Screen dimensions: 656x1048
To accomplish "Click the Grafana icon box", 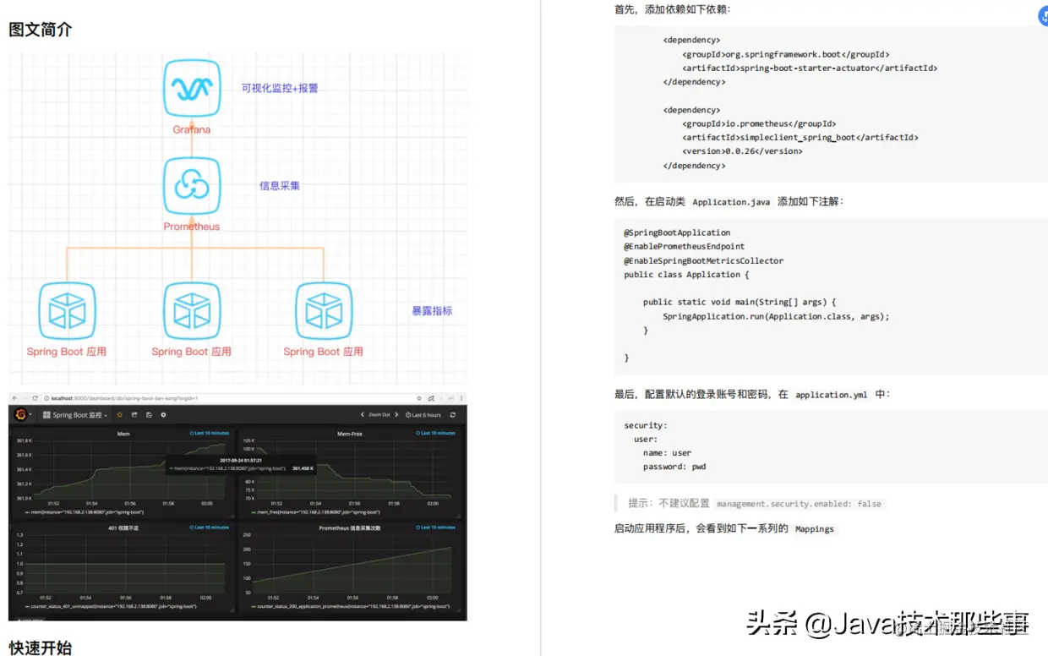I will pyautogui.click(x=192, y=88).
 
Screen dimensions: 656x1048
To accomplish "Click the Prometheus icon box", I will pyautogui.click(x=192, y=186).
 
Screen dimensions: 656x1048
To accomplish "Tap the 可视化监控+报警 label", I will pyautogui.click(x=280, y=88).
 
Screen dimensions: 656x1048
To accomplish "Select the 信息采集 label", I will pyautogui.click(x=280, y=186).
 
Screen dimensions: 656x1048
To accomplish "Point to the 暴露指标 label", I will pyautogui.click(x=432, y=311).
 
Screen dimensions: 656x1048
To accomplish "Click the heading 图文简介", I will pyautogui.click(x=41, y=30).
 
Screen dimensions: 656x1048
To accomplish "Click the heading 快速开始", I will pyautogui.click(x=41, y=648).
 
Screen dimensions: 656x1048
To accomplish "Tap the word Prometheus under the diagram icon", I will pyautogui.click(x=192, y=227).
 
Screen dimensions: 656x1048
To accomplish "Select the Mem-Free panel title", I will pyautogui.click(x=349, y=434).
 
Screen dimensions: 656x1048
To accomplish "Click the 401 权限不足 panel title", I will pyautogui.click(x=123, y=528).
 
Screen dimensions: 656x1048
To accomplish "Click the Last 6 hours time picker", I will pyautogui.click(x=423, y=415).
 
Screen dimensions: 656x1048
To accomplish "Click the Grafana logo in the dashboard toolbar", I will pyautogui.click(x=19, y=415).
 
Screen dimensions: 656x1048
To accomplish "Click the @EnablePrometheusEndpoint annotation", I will pyautogui.click(x=685, y=247).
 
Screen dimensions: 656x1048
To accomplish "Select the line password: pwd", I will pyautogui.click(x=674, y=467).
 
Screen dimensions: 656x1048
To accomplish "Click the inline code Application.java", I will pyautogui.click(x=731, y=203).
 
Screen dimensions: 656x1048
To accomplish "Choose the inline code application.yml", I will pyautogui.click(x=831, y=395).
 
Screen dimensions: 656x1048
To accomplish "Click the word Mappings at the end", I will pyautogui.click(x=815, y=529).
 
